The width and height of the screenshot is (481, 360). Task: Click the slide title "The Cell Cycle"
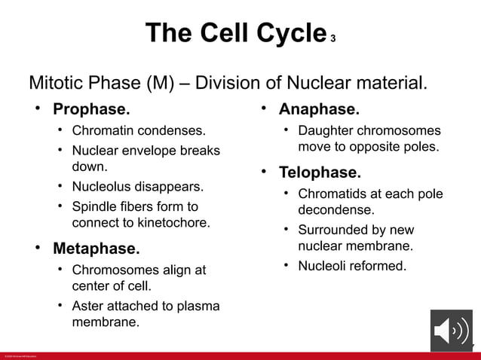(x=234, y=33)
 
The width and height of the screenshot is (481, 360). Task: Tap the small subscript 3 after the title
(x=332, y=38)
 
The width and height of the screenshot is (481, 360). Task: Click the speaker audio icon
(x=451, y=331)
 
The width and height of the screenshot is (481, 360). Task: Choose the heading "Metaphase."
(x=96, y=249)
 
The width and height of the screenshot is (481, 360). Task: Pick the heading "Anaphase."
(x=319, y=109)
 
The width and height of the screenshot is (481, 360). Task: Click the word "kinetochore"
(x=172, y=223)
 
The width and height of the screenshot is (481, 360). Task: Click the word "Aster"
(x=88, y=306)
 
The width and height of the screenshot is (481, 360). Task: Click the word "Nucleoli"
(x=324, y=266)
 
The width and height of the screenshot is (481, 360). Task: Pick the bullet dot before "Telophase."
(x=264, y=172)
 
